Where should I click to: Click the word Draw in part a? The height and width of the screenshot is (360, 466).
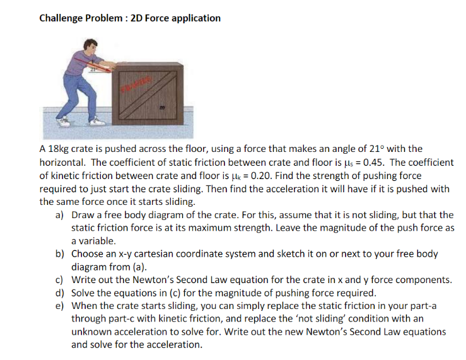(84, 215)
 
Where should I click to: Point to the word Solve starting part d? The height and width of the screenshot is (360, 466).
(84, 293)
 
